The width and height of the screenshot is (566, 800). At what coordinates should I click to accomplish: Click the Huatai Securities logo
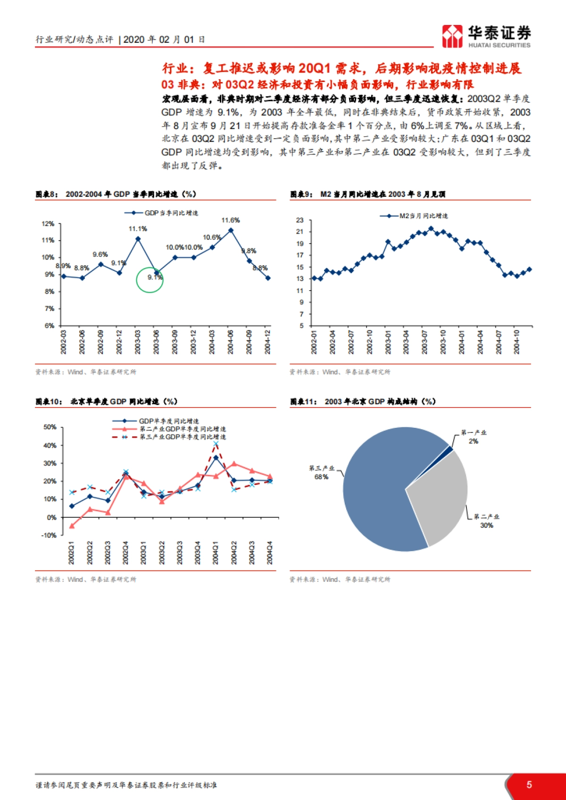click(x=486, y=36)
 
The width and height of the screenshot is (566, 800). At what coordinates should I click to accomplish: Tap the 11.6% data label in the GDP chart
click(x=231, y=220)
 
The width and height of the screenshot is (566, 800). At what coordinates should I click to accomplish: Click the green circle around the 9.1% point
click(x=150, y=280)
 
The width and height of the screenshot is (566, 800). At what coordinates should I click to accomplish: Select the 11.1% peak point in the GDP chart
click(x=138, y=238)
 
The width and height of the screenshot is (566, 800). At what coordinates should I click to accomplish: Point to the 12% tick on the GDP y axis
click(x=48, y=224)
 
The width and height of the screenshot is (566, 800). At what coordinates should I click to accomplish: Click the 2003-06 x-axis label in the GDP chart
click(x=156, y=342)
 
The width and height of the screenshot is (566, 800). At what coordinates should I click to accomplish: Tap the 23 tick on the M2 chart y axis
click(x=300, y=220)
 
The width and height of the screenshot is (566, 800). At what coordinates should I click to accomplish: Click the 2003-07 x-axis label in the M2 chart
click(x=424, y=342)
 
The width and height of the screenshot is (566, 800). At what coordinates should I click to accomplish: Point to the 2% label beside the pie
click(x=473, y=441)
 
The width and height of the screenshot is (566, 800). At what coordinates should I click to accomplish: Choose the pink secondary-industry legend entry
click(x=170, y=429)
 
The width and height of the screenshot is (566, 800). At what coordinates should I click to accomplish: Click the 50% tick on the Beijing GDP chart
click(x=50, y=427)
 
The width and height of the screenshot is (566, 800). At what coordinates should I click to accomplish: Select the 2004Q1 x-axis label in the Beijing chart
click(x=216, y=552)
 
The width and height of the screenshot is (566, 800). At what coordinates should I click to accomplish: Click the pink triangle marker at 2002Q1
click(x=72, y=526)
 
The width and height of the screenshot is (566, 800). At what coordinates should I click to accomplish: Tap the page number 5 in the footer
click(x=529, y=784)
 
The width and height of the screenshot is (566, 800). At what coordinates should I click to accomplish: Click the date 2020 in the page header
click(x=134, y=40)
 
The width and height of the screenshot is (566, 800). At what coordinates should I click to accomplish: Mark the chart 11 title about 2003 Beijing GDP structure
click(x=363, y=401)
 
